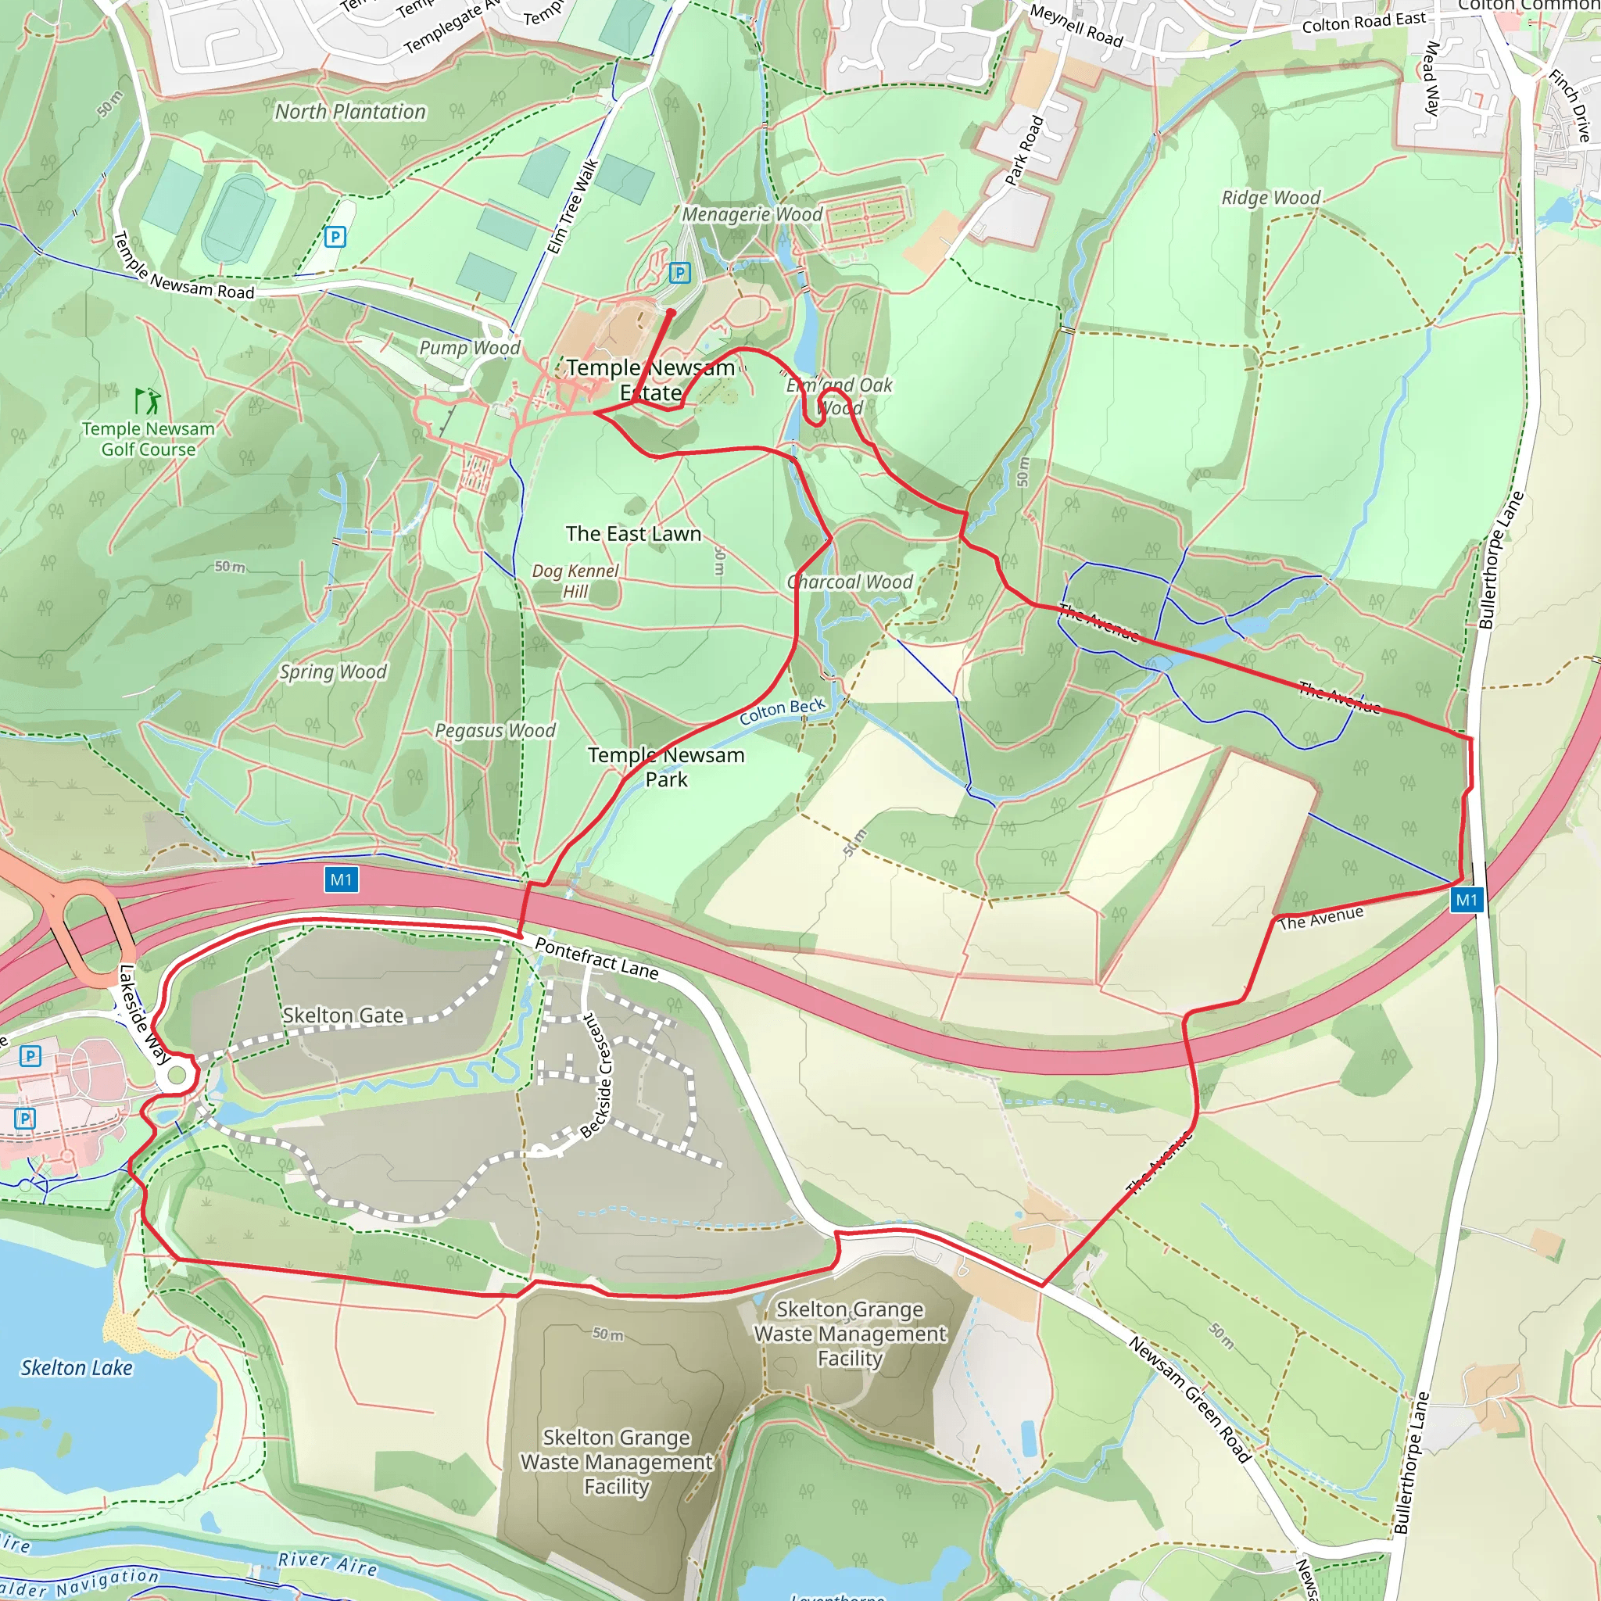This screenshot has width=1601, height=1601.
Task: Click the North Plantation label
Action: pos(349,111)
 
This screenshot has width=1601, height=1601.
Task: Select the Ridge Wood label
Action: pos(1270,197)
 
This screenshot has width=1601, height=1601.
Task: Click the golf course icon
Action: pos(148,401)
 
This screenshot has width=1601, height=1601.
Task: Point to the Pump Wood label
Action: pos(469,347)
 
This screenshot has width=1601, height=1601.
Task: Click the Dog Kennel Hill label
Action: pos(575,581)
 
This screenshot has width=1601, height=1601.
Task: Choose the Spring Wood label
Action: pos(332,672)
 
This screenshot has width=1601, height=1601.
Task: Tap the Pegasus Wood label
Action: pos(495,730)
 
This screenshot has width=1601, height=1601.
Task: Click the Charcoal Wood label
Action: pos(850,582)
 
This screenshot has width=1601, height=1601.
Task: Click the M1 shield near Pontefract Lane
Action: pos(341,879)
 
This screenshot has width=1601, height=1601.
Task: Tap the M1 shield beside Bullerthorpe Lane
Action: pos(1466,900)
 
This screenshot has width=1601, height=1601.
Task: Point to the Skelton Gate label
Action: pos(342,1015)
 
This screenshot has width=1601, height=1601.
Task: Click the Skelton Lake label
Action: pos(77,1367)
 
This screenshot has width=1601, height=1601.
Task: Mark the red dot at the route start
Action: pos(671,313)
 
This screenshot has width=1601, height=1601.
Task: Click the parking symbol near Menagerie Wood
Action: pos(679,273)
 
